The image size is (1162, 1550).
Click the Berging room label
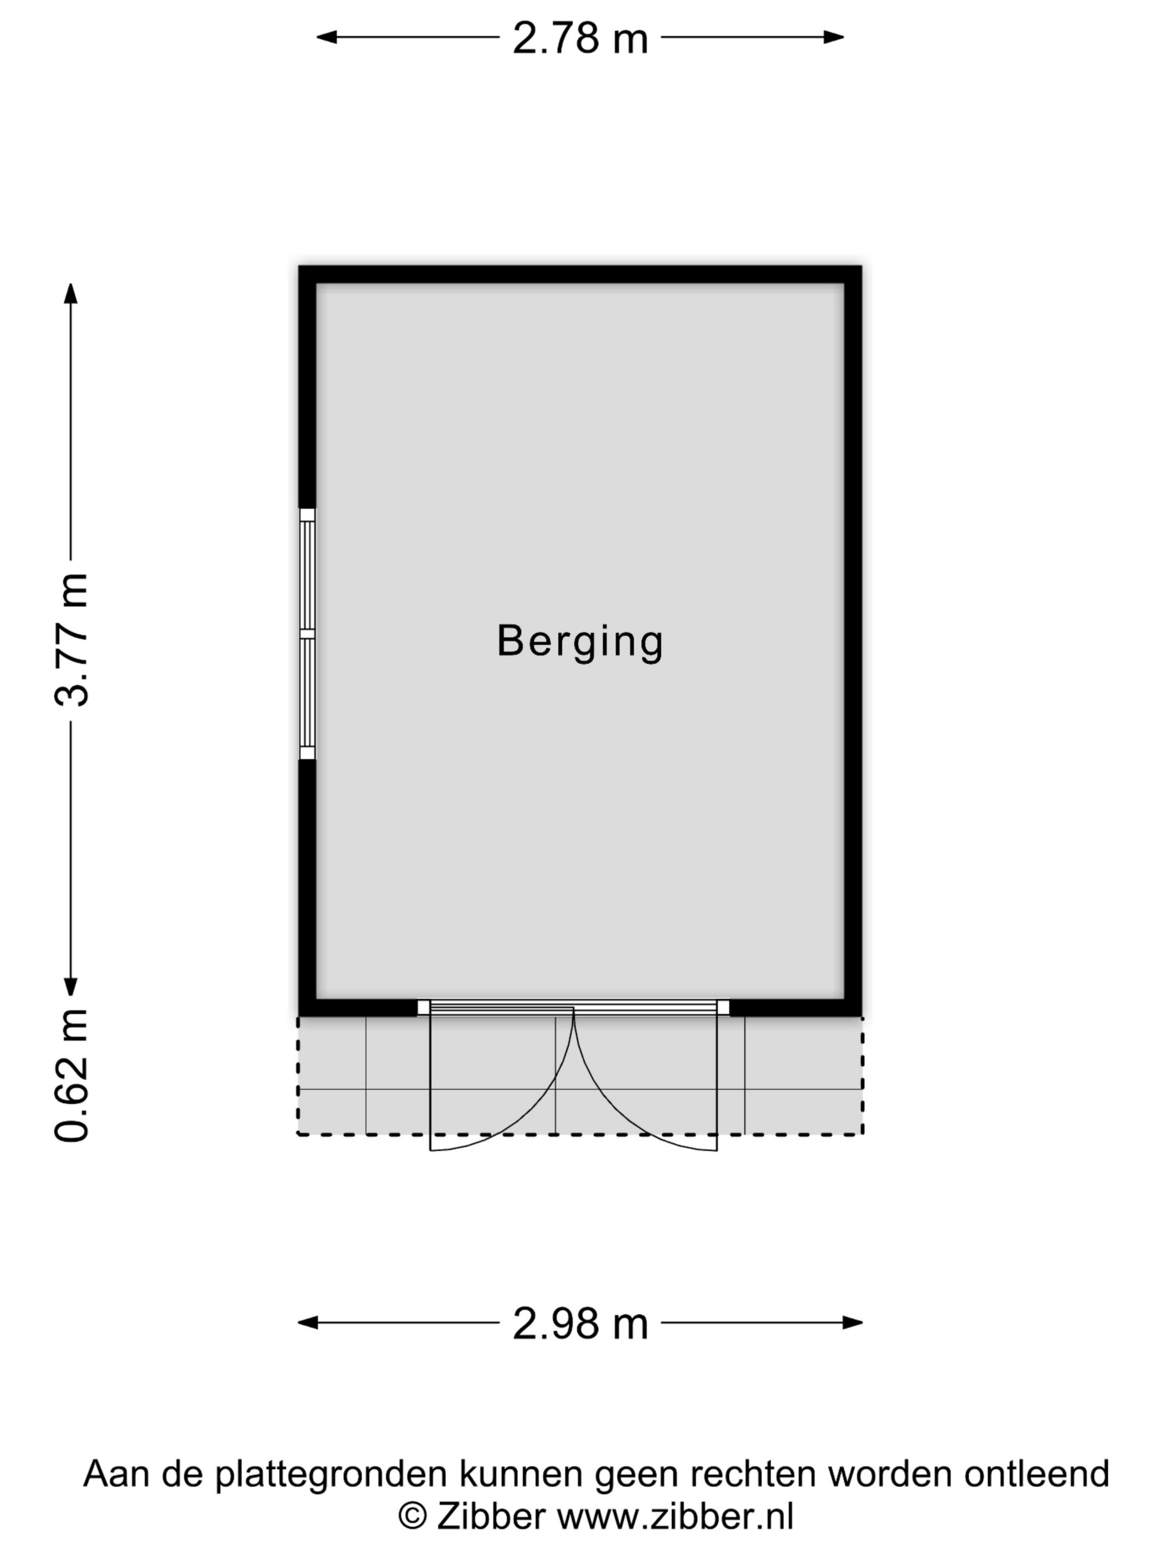coord(580,641)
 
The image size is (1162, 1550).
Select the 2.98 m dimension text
coord(580,1324)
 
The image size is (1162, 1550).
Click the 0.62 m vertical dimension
coord(71,1076)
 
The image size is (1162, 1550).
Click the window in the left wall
coord(307,634)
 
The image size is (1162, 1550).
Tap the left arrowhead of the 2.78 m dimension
coord(326,37)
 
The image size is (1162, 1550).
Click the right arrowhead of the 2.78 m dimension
coord(833,37)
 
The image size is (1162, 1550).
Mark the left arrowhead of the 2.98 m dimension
coord(308,1323)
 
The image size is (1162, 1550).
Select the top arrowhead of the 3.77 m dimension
coord(71,293)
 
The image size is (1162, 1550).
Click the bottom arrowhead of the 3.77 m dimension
coord(71,985)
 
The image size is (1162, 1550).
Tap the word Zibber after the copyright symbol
coord(491,1517)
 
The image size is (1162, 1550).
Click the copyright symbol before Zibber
coord(413,1518)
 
